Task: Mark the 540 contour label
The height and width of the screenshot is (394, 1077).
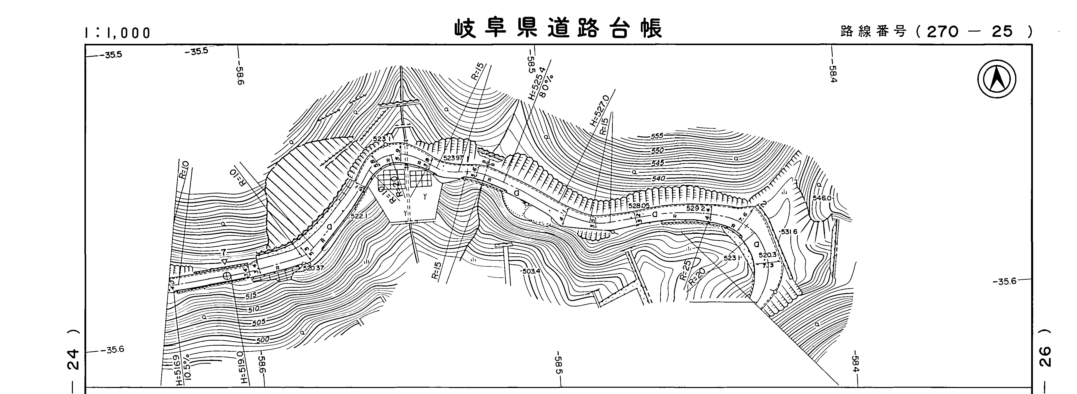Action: click(658, 179)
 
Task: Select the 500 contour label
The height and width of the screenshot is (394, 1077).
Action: click(263, 340)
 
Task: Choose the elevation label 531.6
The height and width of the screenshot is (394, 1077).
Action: click(788, 232)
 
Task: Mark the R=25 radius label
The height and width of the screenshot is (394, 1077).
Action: click(685, 269)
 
